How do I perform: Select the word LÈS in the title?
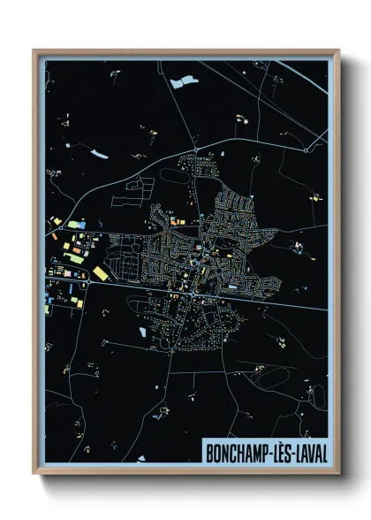[277, 452]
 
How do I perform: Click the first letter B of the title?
[209, 452]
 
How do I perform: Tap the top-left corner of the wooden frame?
[34, 51]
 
